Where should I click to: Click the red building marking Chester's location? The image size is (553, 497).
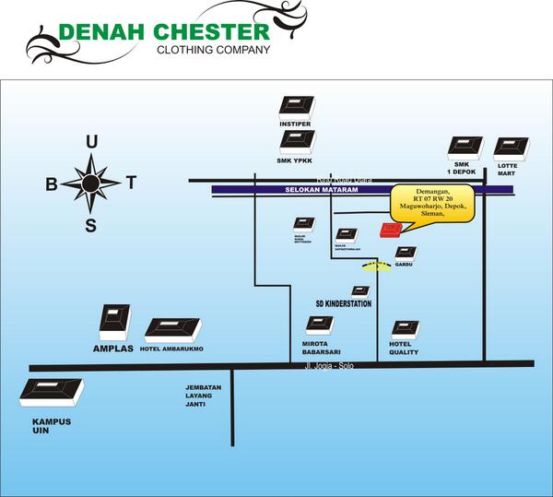[389, 230]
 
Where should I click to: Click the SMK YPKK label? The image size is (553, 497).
[298, 158]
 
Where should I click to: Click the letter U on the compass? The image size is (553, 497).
[90, 141]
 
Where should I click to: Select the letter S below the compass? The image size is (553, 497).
[90, 226]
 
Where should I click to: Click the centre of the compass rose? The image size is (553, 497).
[90, 183]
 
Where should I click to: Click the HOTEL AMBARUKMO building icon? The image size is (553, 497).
[172, 330]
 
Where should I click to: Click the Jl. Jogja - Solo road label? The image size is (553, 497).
[328, 367]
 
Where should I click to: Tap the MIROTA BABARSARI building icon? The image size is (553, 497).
[320, 325]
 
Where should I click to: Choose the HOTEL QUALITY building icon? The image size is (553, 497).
[404, 329]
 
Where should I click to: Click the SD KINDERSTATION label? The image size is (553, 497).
[344, 303]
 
